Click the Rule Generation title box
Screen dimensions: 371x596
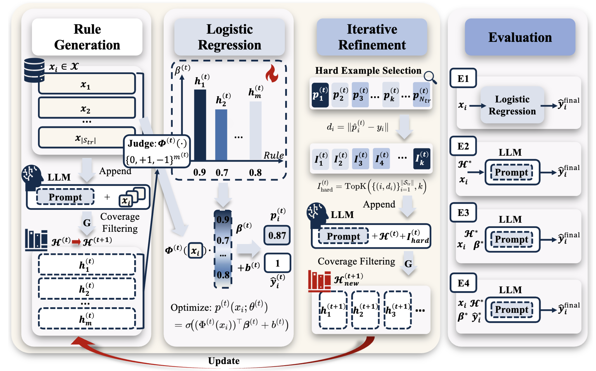(x=87, y=37)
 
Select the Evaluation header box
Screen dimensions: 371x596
(x=520, y=37)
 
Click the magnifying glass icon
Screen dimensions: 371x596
(x=430, y=78)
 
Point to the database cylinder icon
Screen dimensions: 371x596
(x=34, y=70)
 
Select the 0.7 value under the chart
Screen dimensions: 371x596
(x=222, y=173)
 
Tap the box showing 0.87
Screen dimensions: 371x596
(x=277, y=235)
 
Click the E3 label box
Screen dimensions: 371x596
(x=463, y=213)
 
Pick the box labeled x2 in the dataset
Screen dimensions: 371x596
(x=87, y=108)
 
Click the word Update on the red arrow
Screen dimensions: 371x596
(x=224, y=361)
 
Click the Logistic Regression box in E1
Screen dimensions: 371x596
(x=512, y=105)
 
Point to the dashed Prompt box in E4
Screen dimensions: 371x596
(x=512, y=310)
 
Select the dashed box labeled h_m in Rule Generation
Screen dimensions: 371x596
(x=87, y=318)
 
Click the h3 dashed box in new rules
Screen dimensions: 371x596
(x=398, y=310)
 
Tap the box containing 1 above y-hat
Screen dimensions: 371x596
(x=277, y=263)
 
